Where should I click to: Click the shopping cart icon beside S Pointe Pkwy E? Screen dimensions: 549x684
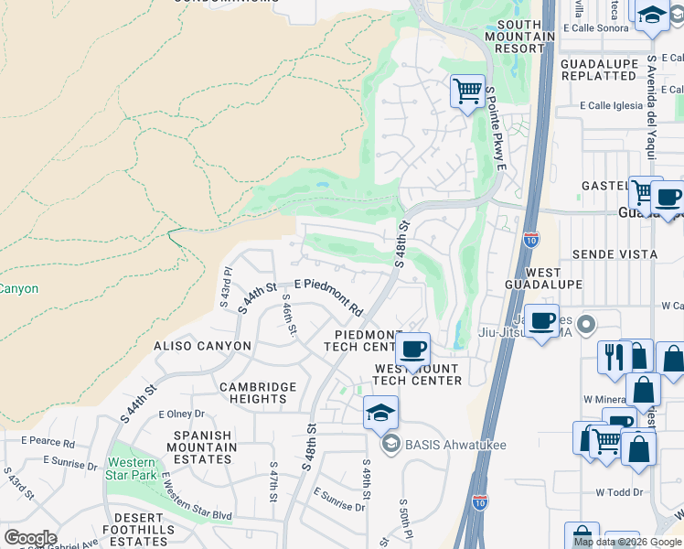467,91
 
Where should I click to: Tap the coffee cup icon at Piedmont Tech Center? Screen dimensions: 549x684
413,349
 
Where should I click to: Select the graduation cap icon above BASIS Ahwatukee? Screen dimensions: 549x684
380,413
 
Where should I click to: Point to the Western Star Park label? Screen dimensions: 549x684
132,468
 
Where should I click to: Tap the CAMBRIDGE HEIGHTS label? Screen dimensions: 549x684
258,393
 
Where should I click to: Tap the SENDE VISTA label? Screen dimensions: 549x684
615,253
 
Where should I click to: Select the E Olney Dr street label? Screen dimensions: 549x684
180,414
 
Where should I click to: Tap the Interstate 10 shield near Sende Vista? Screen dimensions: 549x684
531,240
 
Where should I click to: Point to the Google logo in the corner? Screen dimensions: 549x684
30,537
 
